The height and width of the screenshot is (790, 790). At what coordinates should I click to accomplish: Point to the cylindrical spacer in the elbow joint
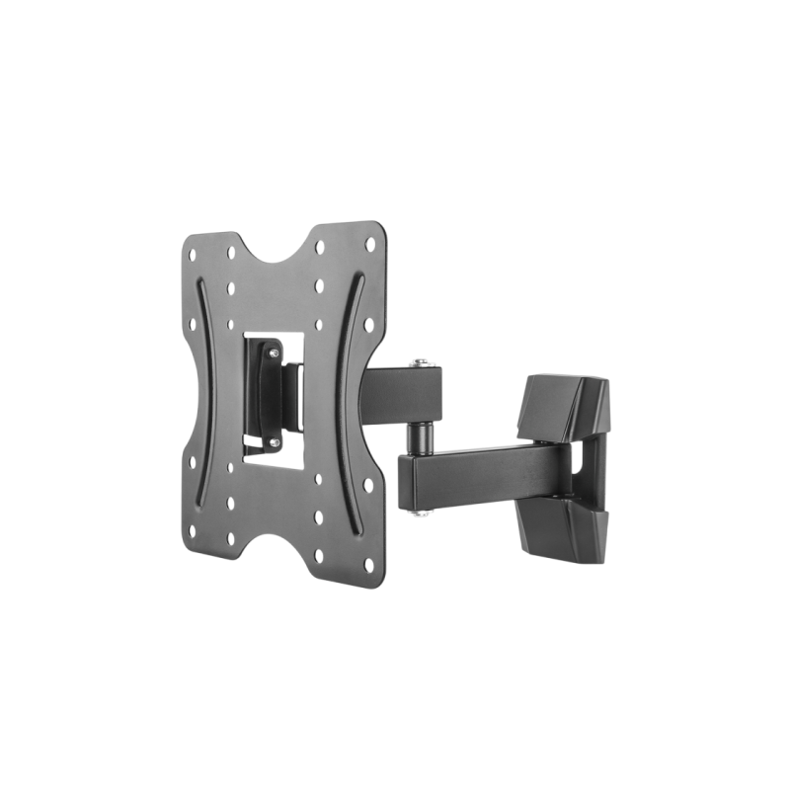coord(422,435)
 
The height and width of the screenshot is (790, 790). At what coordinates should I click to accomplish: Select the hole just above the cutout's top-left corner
coord(229,320)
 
